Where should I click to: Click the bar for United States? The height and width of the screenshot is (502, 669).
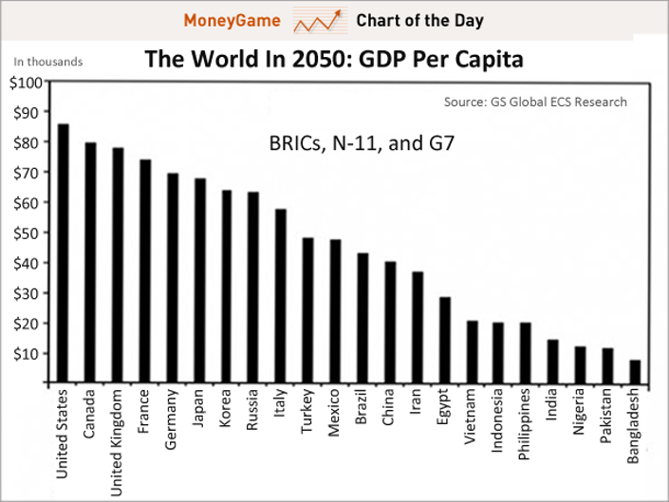[64, 253]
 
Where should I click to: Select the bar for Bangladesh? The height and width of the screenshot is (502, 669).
[635, 371]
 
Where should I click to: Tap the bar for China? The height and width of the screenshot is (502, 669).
[390, 322]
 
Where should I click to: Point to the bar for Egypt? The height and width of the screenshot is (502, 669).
[444, 340]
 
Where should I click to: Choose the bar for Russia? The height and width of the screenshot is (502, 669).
[253, 288]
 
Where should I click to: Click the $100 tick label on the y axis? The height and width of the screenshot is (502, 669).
[26, 82]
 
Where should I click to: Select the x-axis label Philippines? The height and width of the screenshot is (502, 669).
[525, 426]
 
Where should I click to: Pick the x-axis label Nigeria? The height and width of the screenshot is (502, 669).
[579, 416]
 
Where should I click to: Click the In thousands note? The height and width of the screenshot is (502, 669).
[47, 63]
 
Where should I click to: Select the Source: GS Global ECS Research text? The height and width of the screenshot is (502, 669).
[535, 102]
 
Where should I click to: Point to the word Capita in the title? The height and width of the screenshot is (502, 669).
[489, 61]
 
